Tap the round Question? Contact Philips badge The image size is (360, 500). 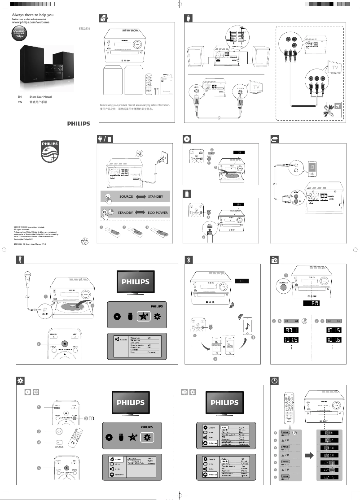[x=20, y=34]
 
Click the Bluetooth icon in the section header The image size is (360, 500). [x=189, y=259]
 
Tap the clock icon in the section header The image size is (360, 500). [x=275, y=380]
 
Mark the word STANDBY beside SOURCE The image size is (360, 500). [x=158, y=197]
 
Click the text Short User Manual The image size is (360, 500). [x=40, y=97]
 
